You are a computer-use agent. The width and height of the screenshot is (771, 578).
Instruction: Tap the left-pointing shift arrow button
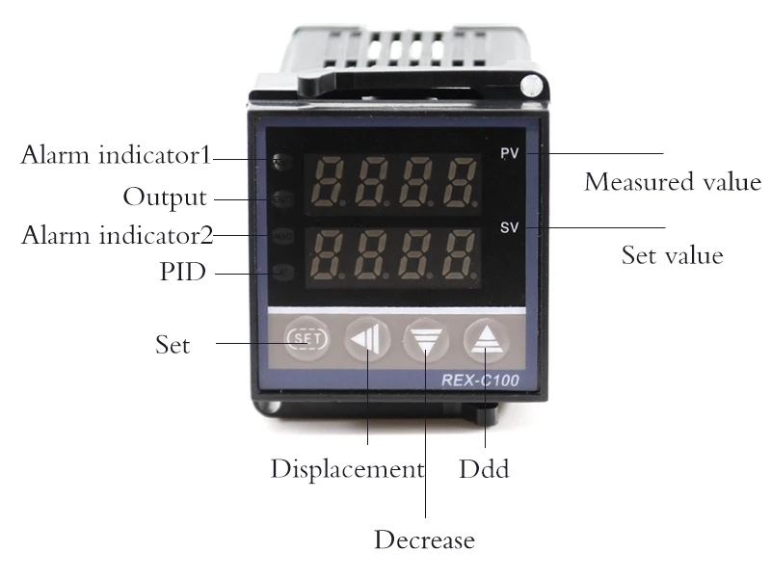point(365,340)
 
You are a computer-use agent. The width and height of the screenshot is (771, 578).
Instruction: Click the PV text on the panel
point(510,154)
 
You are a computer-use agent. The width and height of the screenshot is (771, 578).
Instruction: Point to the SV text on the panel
point(510,228)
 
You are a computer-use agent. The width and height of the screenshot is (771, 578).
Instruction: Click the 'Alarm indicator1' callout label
point(116,156)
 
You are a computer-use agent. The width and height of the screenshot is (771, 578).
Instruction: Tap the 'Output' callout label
point(164,197)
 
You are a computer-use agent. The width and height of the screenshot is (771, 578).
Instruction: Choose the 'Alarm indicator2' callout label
point(117,234)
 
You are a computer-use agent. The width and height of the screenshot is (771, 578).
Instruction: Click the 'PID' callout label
point(182,273)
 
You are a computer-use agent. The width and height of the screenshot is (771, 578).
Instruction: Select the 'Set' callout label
point(173,344)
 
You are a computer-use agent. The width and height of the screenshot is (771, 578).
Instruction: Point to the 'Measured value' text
point(673,181)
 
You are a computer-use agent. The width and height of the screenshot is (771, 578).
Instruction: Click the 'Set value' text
point(672,256)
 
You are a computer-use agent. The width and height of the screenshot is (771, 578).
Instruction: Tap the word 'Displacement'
point(347,469)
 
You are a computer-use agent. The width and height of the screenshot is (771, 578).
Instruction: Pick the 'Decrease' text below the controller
point(424,539)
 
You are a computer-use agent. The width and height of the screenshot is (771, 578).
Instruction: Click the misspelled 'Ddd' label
point(484,469)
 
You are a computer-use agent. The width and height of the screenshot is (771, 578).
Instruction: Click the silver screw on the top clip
point(529,88)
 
